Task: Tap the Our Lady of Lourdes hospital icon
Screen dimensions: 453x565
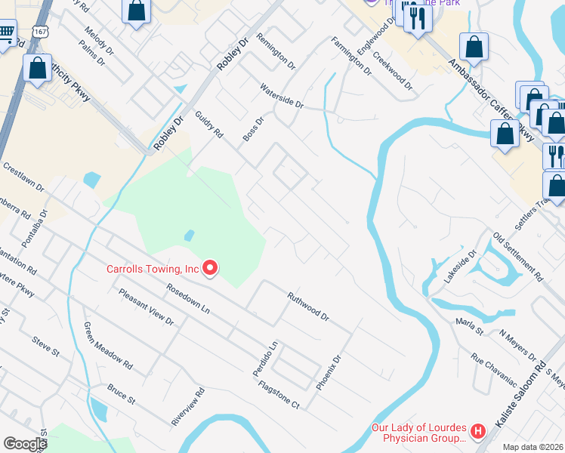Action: point(477,432)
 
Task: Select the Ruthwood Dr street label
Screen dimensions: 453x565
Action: point(308,307)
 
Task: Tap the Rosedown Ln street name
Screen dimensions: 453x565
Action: point(188,298)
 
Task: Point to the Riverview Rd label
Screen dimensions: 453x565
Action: point(188,408)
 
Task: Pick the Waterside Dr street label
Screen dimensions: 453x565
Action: point(281,96)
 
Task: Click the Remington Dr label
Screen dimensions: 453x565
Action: point(275,51)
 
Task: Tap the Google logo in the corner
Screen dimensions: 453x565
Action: point(25,444)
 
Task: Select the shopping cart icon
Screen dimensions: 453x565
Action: point(6,33)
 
